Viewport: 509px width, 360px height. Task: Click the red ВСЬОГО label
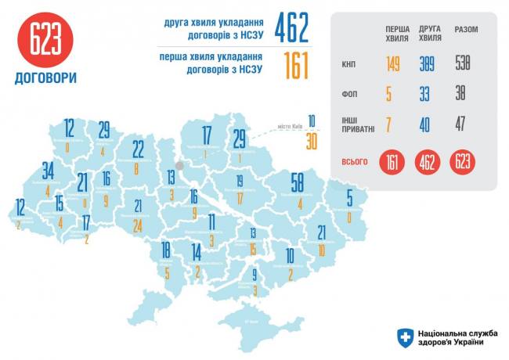point(356,161)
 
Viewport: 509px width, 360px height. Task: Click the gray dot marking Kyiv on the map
point(179,165)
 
